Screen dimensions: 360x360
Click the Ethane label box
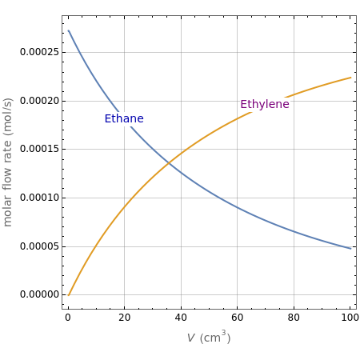tap(124, 119)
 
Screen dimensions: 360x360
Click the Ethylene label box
tap(264, 105)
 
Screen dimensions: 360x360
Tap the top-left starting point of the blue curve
tap(68, 31)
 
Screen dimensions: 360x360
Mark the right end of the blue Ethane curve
tap(351, 248)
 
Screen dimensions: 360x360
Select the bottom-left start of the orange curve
tap(68, 295)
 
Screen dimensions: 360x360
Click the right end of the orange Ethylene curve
tap(351, 78)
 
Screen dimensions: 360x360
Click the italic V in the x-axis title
tap(190, 338)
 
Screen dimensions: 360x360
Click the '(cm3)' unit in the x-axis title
tap(215, 338)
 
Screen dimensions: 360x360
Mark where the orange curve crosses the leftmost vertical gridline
tap(124, 208)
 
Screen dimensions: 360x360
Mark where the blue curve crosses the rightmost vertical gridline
tap(294, 231)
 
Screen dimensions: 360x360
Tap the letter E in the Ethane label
tap(108, 119)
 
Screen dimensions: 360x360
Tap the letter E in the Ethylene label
tap(244, 105)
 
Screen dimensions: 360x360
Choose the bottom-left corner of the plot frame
tap(62, 308)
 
